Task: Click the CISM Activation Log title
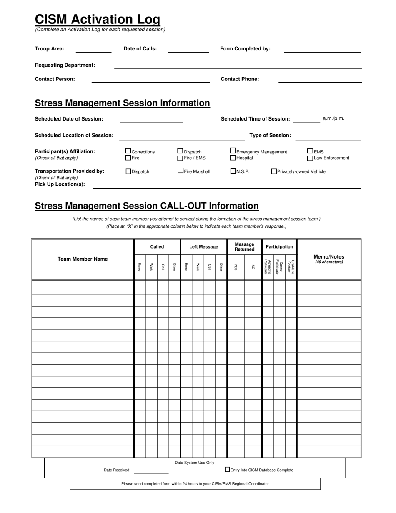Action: [98, 19]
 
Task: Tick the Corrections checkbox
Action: [128, 151]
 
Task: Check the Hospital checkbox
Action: [233, 158]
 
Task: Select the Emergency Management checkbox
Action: [233, 151]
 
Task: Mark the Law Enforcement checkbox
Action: [310, 158]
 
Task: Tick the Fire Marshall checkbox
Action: [180, 171]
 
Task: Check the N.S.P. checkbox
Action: [233, 171]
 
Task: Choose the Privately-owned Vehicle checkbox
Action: [274, 171]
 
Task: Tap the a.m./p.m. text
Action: [333, 118]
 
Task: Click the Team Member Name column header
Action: [83, 259]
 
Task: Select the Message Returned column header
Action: [244, 247]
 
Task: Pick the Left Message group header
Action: [203, 247]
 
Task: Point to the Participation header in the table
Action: [279, 247]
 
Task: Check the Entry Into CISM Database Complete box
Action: [227, 469]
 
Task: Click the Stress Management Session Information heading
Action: [122, 103]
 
